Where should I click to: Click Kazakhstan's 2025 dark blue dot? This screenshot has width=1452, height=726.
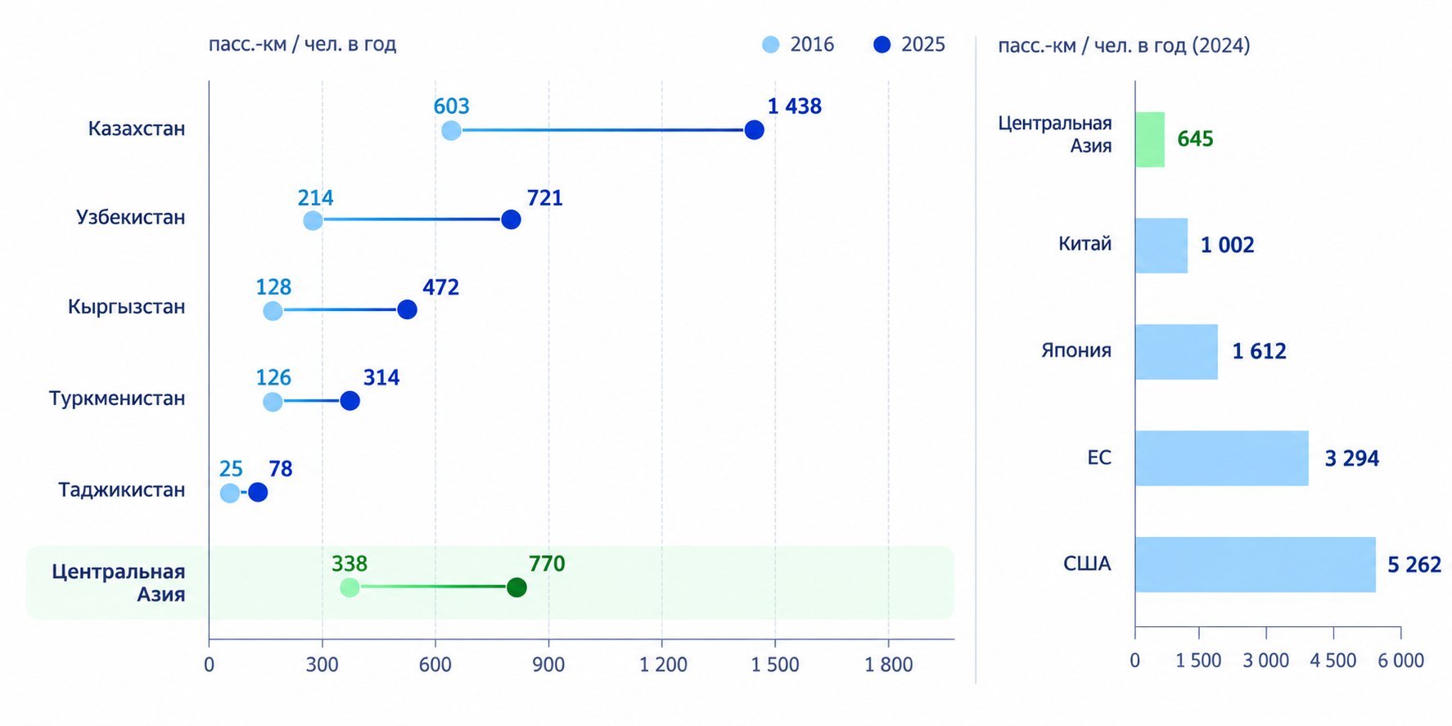(x=754, y=130)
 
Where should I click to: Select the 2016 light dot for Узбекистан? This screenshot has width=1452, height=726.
(x=313, y=220)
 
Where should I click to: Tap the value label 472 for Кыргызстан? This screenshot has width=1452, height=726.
(x=440, y=287)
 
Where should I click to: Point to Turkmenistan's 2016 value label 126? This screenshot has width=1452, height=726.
(x=273, y=377)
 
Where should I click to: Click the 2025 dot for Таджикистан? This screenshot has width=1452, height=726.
(x=258, y=492)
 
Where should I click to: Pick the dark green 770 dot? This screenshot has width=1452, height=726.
(x=516, y=587)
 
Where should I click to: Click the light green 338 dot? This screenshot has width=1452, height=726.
(x=349, y=587)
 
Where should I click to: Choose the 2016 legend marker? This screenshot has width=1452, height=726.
(x=770, y=44)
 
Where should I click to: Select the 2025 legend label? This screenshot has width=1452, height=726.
(x=923, y=44)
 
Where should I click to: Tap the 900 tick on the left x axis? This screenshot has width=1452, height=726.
(x=548, y=665)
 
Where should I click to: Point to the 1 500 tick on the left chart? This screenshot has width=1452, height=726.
(x=775, y=665)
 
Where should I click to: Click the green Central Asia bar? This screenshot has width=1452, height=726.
(x=1150, y=139)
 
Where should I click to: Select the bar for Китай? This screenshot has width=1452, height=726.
(x=1161, y=246)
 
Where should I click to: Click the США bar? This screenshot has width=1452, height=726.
(x=1256, y=564)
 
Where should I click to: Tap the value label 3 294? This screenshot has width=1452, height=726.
(x=1351, y=458)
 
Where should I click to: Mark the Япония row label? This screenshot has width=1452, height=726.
(x=1076, y=350)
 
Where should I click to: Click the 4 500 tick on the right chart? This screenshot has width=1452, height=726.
(x=1333, y=660)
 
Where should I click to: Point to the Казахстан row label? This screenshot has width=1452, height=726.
(x=137, y=129)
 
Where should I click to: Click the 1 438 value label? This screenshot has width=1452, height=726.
(x=794, y=106)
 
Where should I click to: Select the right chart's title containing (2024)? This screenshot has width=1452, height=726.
(x=1124, y=45)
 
